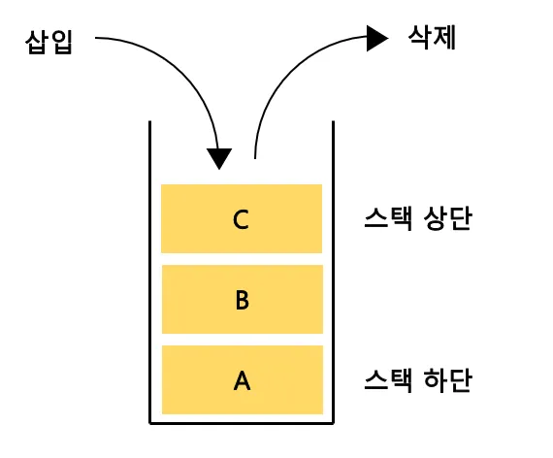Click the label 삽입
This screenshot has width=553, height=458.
pyautogui.click(x=49, y=44)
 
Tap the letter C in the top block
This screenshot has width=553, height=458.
pyautogui.click(x=242, y=219)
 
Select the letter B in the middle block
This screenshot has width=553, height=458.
pyautogui.click(x=243, y=300)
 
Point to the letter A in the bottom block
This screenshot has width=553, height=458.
pyautogui.click(x=243, y=380)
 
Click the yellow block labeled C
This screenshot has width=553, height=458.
pyautogui.click(x=194, y=219)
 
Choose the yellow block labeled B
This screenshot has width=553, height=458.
pyautogui.click(x=194, y=300)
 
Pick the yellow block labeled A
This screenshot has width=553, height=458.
pyautogui.click(x=194, y=380)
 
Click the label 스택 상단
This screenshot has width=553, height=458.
pyautogui.click(x=418, y=219)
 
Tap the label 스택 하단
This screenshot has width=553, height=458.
pyautogui.click(x=418, y=379)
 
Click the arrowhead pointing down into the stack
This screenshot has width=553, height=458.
pyautogui.click(x=220, y=157)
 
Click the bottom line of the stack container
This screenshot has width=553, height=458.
pyautogui.click(x=243, y=423)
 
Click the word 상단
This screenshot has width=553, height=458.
pyautogui.click(x=447, y=219)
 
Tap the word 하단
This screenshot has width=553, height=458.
pyautogui.click(x=447, y=379)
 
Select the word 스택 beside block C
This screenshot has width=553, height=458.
pyautogui.click(x=389, y=219)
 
